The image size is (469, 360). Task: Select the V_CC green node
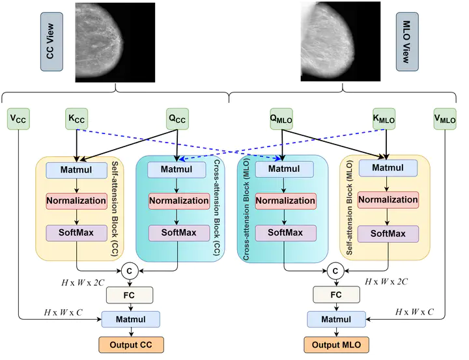point(18,119)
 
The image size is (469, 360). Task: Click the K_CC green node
point(76,119)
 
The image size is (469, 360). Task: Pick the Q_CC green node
point(177,119)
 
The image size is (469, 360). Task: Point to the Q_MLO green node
point(281,119)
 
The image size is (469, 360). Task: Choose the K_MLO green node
point(384,119)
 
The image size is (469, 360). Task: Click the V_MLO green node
point(446,119)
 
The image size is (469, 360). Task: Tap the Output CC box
point(131,344)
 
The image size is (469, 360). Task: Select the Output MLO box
point(336,344)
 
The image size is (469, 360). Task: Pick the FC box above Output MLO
point(336,295)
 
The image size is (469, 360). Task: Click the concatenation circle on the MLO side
point(336,270)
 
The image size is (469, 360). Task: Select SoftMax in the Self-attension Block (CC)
point(76,232)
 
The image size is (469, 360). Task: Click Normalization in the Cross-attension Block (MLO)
point(285,201)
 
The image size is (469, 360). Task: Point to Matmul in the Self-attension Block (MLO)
point(388,167)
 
